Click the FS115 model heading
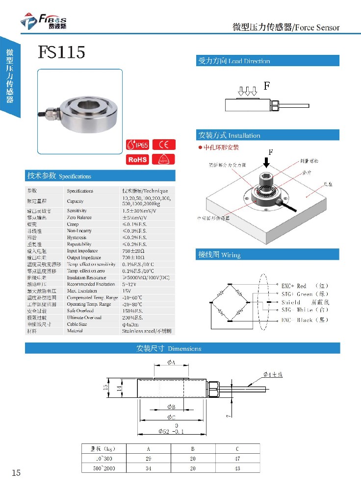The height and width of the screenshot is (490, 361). (62, 52)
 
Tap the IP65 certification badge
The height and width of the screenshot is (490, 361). (137, 145)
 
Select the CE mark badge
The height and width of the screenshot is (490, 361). (164, 145)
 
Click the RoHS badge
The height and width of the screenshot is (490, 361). (137, 160)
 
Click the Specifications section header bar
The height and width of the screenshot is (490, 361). (100, 176)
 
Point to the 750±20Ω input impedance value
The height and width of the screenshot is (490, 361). (134, 251)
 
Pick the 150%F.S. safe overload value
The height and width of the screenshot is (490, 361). (133, 311)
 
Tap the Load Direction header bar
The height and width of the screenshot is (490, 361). (267, 61)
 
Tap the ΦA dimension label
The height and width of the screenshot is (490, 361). (171, 362)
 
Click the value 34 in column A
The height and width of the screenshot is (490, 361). (148, 468)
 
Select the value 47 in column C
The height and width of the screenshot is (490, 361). (237, 459)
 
